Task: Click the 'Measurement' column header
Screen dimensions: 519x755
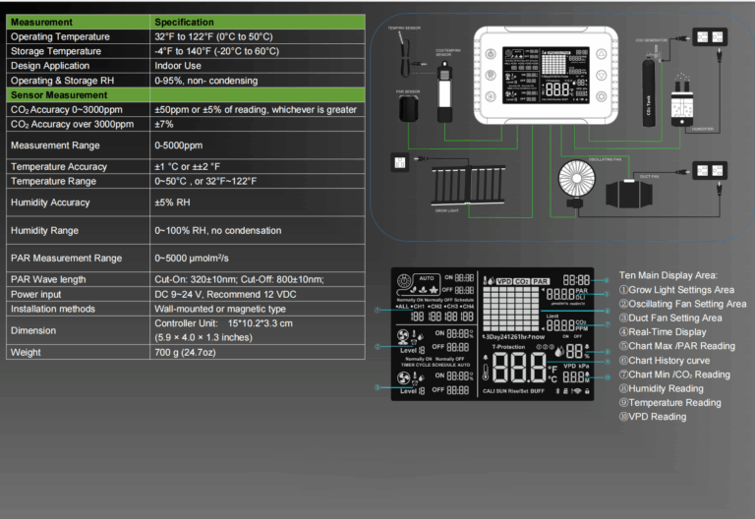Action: click(41, 22)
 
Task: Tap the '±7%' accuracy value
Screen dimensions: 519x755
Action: click(163, 125)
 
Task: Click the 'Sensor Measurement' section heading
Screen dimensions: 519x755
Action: click(58, 95)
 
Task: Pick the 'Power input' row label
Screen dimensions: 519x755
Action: click(39, 294)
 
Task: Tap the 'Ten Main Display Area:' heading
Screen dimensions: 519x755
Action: click(668, 275)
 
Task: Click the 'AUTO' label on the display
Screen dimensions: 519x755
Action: click(426, 278)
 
